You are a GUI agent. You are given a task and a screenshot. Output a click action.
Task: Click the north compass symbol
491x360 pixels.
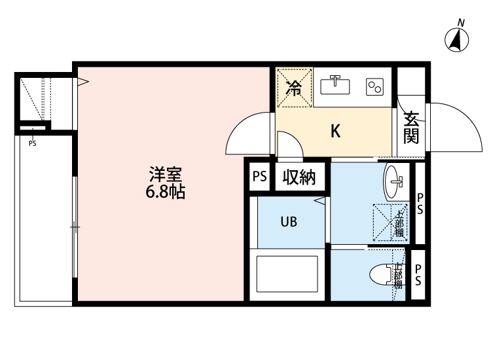click(x=457, y=40)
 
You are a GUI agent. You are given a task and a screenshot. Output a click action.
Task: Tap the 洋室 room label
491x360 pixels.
click(x=165, y=175)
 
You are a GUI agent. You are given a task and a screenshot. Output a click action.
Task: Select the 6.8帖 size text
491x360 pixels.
click(x=165, y=192)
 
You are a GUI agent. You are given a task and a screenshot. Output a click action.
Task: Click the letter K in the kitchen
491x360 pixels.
click(x=335, y=132)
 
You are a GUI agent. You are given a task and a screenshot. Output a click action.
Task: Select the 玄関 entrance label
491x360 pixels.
click(x=411, y=128)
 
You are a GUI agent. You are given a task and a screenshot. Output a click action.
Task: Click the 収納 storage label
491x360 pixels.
click(x=300, y=177)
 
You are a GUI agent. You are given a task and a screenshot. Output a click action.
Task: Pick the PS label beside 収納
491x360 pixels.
click(x=260, y=177)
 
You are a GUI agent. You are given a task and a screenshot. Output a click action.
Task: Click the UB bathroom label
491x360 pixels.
click(x=289, y=222)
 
